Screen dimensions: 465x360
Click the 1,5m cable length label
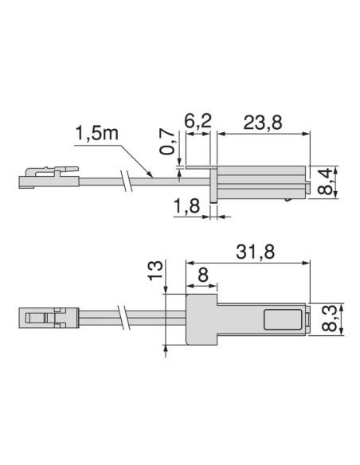click(x=96, y=132)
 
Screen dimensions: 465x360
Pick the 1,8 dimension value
click(x=185, y=208)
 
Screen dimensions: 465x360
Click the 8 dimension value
click(x=203, y=273)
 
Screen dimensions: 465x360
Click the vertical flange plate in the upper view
click(x=213, y=182)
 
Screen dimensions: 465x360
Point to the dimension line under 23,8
click(x=262, y=134)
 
